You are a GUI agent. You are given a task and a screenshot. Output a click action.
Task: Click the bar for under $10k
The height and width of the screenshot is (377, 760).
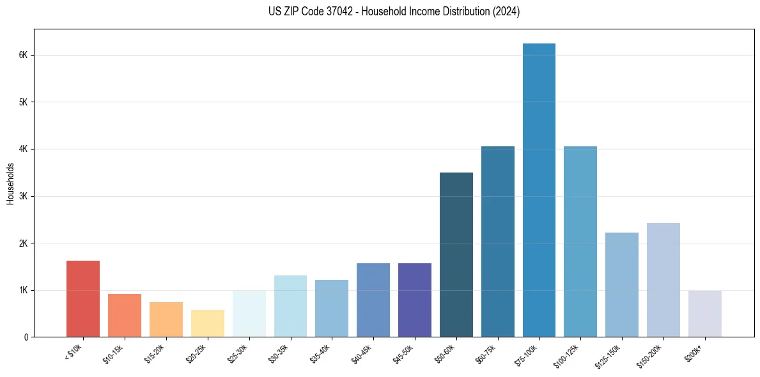point(83,298)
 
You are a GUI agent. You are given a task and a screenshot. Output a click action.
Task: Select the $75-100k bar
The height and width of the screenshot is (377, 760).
point(539,190)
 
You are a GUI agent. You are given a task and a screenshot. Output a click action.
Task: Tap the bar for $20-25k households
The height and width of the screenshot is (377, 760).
point(208,323)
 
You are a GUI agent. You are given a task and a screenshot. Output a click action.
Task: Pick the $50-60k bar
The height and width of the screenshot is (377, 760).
point(456,254)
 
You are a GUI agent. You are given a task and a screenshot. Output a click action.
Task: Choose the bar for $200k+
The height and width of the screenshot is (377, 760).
point(704,314)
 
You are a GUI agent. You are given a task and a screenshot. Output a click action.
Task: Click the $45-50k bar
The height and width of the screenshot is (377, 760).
point(415,300)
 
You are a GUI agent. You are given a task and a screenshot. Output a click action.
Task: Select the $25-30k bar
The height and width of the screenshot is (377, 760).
point(249,314)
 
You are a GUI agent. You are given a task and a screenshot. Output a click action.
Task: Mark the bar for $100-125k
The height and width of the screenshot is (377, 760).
point(580,242)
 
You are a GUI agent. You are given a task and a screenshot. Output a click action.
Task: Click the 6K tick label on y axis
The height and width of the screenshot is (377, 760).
point(24,56)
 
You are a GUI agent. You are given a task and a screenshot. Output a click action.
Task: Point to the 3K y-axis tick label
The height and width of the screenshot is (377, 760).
point(24,196)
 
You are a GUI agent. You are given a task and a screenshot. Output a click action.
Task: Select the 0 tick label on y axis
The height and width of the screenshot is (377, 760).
point(26,337)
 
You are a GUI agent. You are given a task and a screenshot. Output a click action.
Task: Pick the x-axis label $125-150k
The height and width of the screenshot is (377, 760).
point(610,355)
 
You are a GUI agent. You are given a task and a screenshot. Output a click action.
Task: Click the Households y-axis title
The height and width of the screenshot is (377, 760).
point(10,183)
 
